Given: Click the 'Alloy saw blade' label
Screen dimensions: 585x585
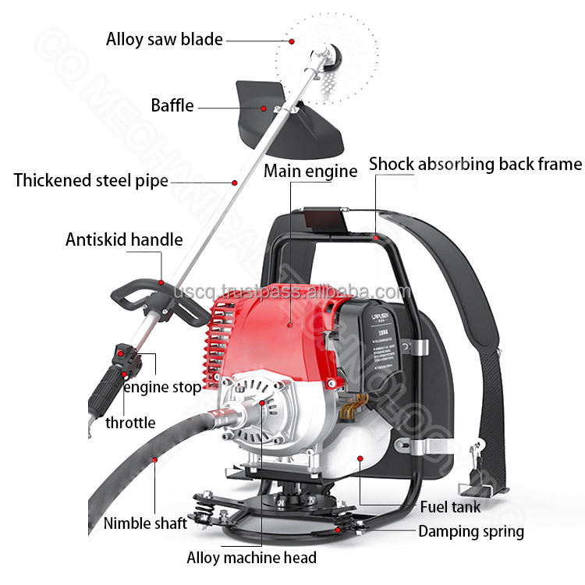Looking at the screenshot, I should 165,39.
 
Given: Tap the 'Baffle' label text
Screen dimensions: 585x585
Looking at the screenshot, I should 172,105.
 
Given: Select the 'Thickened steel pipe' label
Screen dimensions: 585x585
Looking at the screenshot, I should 91,181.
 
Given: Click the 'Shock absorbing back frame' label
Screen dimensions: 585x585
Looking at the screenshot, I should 475,164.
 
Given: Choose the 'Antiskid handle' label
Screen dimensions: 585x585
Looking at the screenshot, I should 124,239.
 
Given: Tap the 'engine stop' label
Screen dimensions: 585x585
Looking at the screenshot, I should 162,386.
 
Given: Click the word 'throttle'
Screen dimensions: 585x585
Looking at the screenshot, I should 131,423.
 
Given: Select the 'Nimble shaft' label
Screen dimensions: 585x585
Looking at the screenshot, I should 145,523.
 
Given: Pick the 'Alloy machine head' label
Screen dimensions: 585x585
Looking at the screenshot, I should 251,557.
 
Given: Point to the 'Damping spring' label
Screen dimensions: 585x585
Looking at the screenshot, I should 471,532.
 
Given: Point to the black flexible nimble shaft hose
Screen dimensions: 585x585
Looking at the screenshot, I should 133,468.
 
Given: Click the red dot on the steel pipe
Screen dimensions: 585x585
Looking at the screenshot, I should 234,182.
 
